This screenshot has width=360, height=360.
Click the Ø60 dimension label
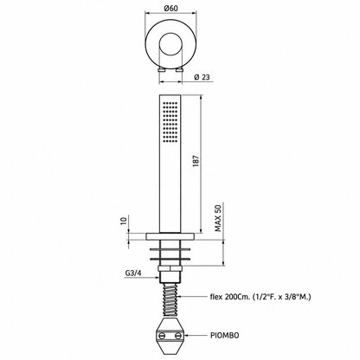(170, 8)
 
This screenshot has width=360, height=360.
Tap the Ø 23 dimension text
(202, 77)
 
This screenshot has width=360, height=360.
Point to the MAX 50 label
(218, 218)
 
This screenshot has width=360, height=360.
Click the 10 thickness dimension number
(124, 221)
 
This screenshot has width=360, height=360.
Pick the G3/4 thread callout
(133, 273)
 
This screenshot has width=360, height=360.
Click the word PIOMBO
(224, 335)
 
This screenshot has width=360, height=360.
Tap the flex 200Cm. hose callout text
(260, 297)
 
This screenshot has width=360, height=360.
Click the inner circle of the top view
(170, 34)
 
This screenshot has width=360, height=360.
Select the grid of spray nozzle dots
(170, 122)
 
